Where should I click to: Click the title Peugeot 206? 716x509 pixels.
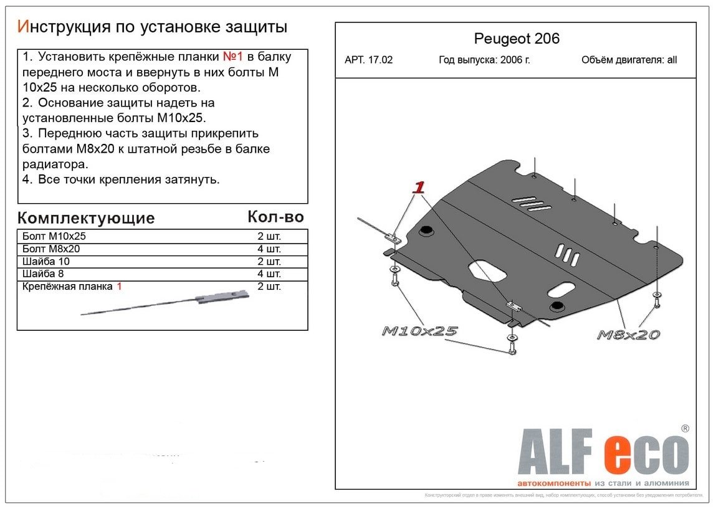517,39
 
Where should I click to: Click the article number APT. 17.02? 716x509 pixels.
368,60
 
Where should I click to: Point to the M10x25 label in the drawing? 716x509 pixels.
419,331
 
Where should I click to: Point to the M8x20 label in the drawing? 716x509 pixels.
628,335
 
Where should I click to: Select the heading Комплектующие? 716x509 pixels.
86,218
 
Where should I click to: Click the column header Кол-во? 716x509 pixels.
275,216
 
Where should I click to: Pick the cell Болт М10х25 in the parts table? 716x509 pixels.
54,237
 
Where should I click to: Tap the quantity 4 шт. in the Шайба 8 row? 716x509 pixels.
269,274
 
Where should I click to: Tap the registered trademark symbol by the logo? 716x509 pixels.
684,429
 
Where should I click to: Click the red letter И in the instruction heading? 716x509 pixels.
23,27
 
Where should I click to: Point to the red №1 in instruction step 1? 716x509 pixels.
233,57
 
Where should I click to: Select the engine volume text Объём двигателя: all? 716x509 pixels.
629,60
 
